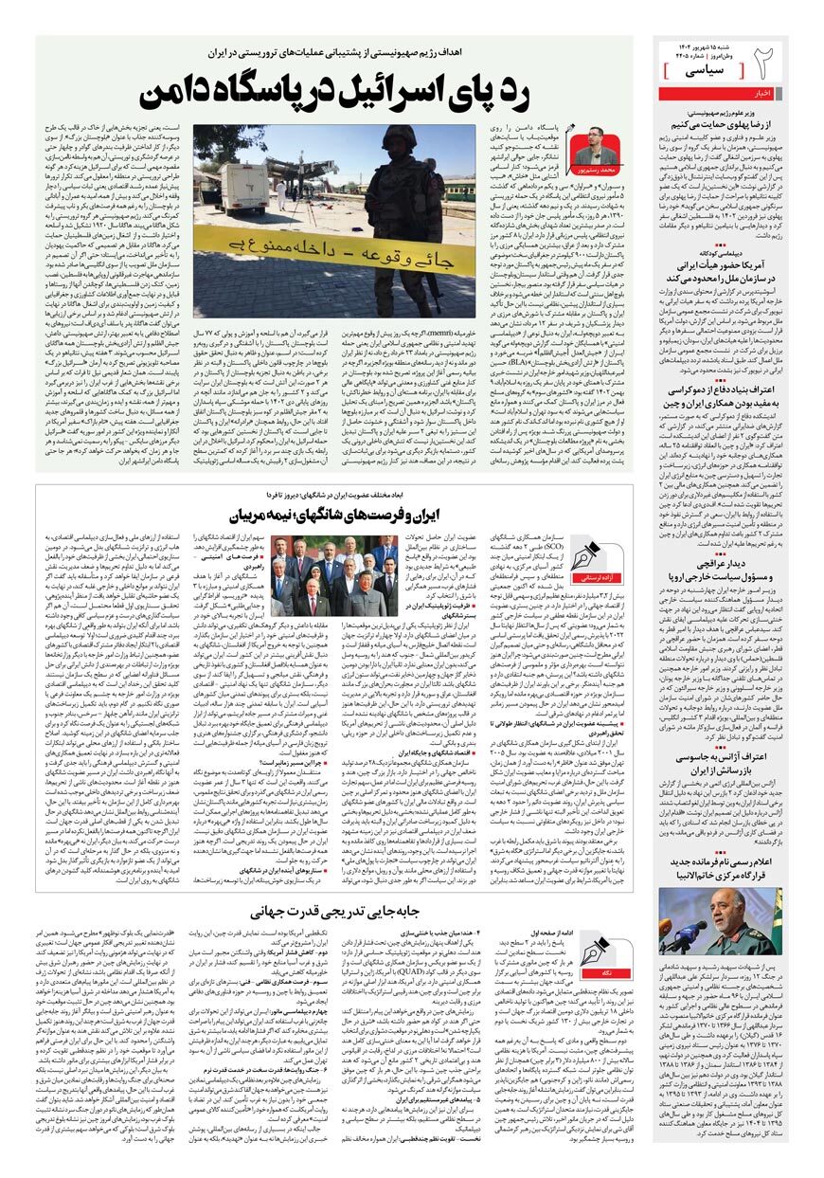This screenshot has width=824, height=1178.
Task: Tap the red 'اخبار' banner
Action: coord(735,93)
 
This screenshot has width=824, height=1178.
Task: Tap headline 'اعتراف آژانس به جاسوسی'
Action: coord(724,759)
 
